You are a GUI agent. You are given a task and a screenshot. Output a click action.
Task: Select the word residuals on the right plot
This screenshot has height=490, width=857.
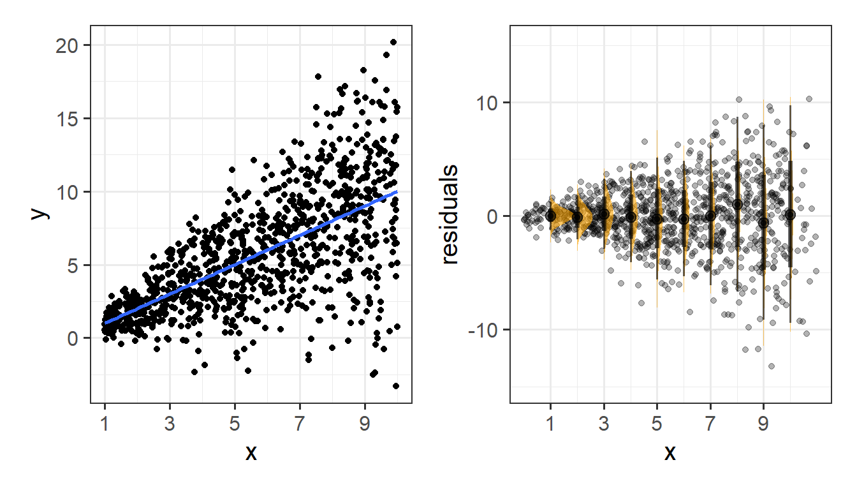(x=450, y=214)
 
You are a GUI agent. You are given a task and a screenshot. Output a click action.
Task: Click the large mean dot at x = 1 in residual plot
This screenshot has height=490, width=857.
(x=551, y=216)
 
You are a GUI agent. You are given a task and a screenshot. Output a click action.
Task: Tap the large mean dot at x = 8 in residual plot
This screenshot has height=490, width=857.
(x=737, y=205)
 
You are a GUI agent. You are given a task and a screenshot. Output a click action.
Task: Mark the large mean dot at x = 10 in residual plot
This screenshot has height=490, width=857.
(x=791, y=216)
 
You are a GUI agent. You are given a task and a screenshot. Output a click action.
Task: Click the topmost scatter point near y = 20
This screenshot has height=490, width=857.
(x=393, y=42)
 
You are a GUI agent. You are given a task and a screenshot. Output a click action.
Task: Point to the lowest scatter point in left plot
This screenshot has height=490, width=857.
(x=396, y=386)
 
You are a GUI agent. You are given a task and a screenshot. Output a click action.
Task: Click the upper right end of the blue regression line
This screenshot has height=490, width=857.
(x=397, y=191)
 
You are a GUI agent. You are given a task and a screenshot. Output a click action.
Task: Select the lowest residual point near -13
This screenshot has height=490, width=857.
(x=772, y=366)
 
